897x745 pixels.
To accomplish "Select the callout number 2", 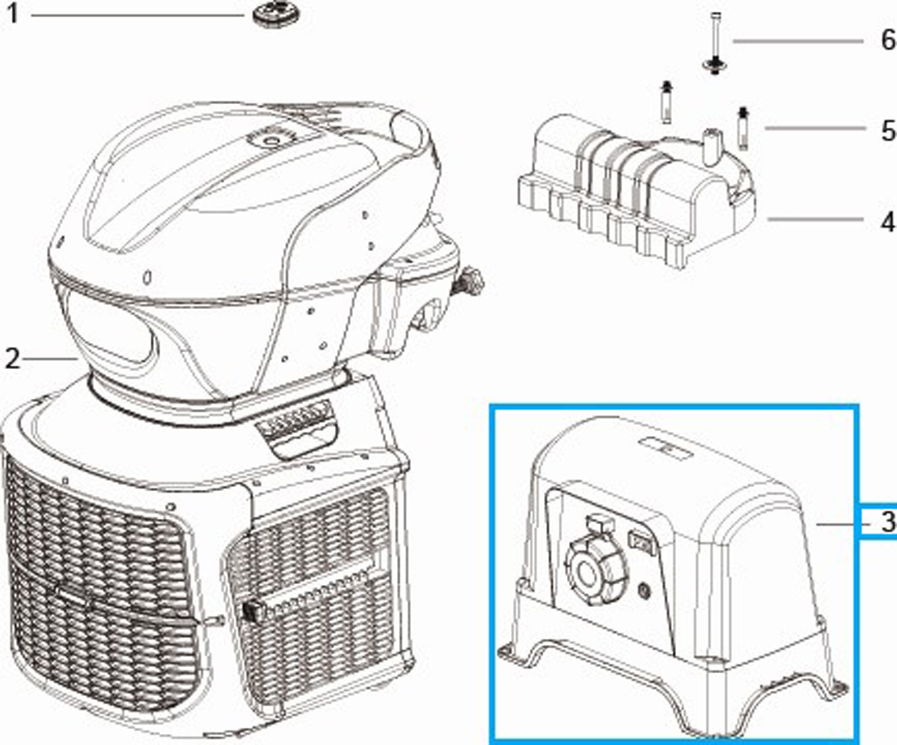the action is pyautogui.click(x=12, y=359).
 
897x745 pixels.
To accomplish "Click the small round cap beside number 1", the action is pyautogui.click(x=274, y=13).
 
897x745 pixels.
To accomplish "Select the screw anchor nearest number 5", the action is pyautogui.click(x=743, y=128).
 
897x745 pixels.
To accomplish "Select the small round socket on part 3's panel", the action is pyautogui.click(x=644, y=590).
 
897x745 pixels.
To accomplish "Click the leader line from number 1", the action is pyautogui.click(x=137, y=15).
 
